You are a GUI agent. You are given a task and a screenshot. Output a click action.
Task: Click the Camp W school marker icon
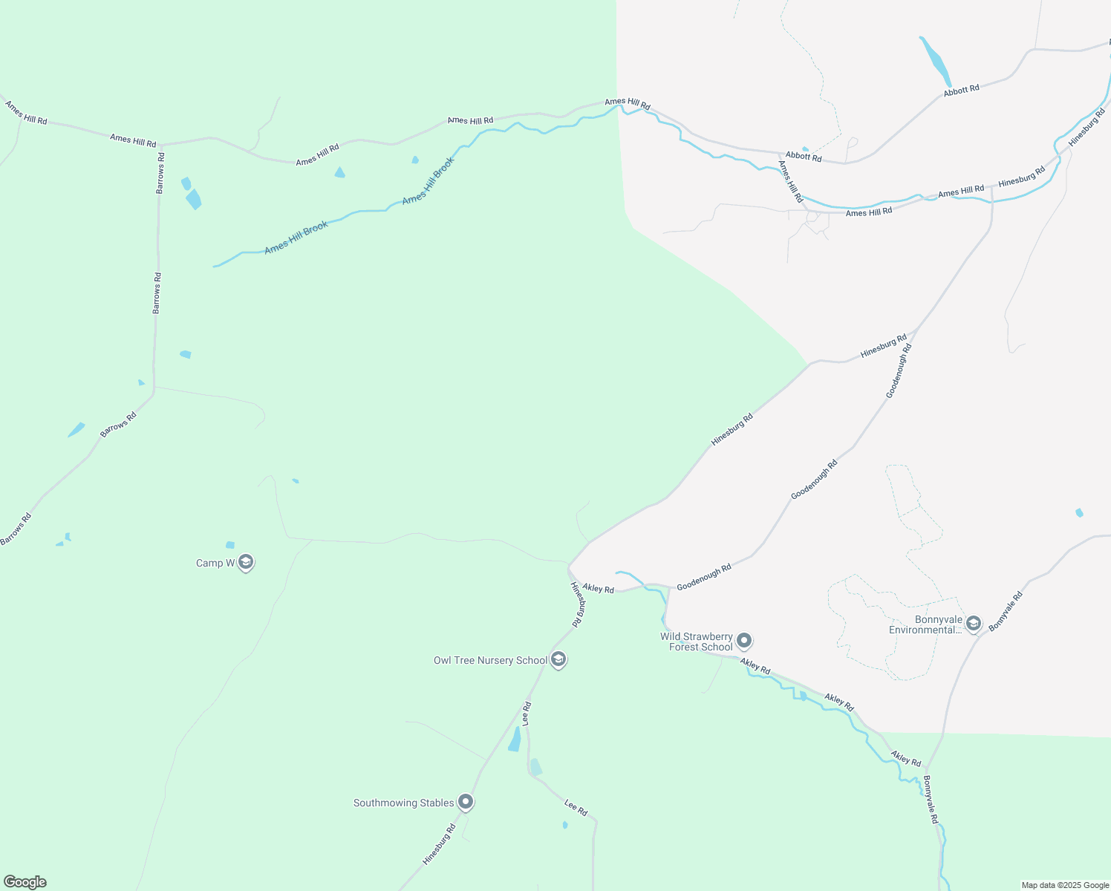246,563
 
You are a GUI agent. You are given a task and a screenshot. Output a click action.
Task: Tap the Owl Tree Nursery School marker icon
558,659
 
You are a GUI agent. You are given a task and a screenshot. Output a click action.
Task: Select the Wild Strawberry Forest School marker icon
744,641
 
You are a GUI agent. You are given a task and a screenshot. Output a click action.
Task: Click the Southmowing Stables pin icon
466,802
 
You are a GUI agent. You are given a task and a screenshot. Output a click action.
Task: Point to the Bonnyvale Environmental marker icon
974,624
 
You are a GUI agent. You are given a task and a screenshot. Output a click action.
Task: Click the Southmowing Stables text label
403,803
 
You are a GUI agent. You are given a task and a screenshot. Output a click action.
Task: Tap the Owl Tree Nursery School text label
490,660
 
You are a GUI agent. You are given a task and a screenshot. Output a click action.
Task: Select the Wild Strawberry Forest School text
697,642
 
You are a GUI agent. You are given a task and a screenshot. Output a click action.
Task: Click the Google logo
25,882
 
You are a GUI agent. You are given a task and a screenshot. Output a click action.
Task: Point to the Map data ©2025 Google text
1065,885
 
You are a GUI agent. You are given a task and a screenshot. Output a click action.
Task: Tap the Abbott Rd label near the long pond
961,90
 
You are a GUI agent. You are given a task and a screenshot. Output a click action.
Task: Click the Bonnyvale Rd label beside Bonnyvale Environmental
1006,611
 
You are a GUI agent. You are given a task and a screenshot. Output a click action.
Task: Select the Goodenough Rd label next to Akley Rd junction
703,577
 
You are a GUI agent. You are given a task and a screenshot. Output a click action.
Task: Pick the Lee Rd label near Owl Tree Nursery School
527,714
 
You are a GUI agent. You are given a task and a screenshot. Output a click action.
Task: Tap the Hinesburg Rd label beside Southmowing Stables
439,844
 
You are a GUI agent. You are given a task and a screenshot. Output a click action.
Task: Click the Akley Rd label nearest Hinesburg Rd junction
598,588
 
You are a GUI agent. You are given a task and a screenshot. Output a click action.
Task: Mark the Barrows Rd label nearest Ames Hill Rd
160,173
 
